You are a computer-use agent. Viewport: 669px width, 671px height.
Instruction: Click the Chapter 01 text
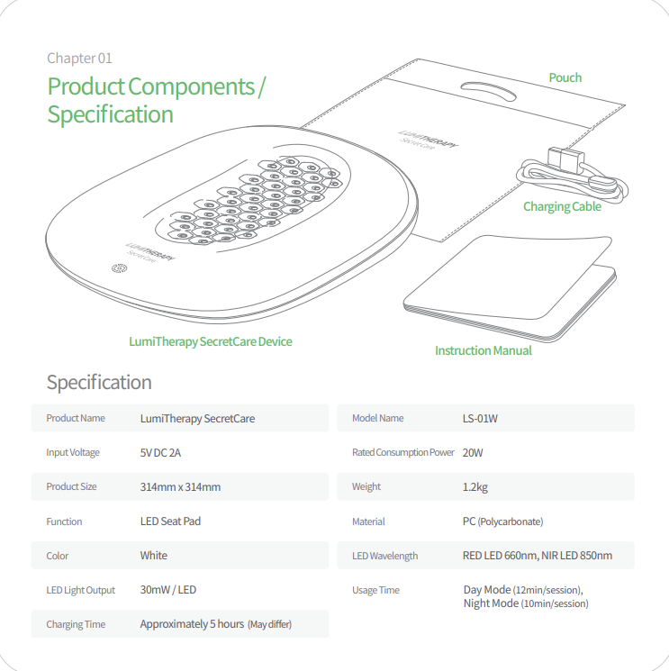(79, 59)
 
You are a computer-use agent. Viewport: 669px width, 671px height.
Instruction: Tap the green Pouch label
(565, 77)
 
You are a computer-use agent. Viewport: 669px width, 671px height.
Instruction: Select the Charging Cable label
(562, 206)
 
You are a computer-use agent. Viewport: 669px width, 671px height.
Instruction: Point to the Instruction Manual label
(483, 350)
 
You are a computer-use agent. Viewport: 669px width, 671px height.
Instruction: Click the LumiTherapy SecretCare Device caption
(211, 341)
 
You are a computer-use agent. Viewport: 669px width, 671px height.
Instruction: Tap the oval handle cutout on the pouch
(488, 91)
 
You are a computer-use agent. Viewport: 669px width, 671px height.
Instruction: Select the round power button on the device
(120, 268)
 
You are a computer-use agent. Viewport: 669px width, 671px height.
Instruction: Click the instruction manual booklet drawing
(509, 288)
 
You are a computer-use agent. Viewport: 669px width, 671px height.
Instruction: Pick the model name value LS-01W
(480, 419)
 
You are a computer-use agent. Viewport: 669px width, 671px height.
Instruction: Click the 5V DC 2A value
(160, 453)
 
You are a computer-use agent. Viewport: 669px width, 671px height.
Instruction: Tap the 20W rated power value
(473, 453)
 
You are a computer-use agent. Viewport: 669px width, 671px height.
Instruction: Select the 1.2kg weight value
(475, 487)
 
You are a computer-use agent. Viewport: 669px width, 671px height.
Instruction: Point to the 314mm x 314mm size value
(180, 487)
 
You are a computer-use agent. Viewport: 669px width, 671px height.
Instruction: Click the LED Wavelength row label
(385, 556)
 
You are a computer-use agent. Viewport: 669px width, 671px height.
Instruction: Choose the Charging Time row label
(76, 624)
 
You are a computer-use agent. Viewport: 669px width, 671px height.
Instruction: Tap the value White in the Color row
(154, 556)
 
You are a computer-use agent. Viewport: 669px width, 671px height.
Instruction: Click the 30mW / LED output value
(168, 590)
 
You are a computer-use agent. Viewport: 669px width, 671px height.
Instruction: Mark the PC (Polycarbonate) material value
(502, 521)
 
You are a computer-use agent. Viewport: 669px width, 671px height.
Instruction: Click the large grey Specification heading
(99, 382)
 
